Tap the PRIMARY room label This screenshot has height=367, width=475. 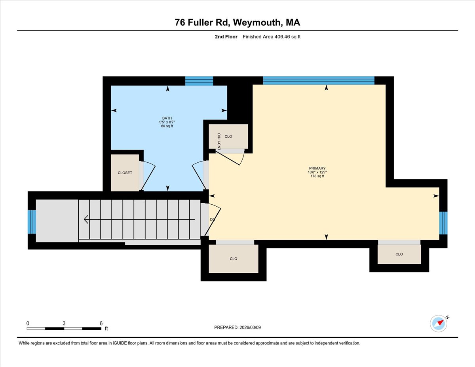point(317,168)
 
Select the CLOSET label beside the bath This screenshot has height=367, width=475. point(125,173)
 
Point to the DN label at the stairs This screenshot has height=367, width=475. point(212,219)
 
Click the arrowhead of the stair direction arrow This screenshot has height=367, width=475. point(86,219)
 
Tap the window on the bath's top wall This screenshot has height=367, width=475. point(199,81)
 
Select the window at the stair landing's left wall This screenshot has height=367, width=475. point(32,222)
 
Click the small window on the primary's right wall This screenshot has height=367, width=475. point(443,223)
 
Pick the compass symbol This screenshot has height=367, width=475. point(439,323)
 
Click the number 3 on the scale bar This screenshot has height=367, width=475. point(64,323)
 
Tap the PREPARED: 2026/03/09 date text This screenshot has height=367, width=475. point(237,327)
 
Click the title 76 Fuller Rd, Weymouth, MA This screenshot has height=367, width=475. point(237,23)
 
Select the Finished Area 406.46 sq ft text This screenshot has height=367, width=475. point(269,37)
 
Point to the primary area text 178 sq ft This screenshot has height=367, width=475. point(317,176)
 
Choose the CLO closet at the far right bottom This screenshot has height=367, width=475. point(399,254)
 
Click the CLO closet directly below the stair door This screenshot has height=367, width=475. point(234,259)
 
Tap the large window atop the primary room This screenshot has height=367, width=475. point(319,81)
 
